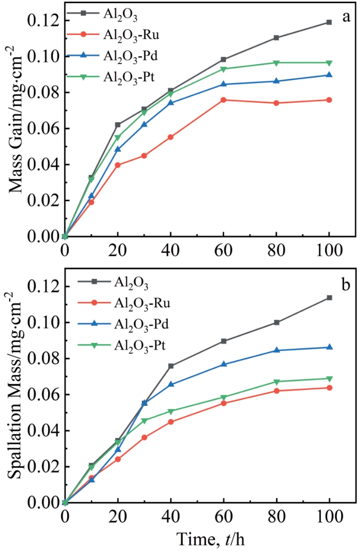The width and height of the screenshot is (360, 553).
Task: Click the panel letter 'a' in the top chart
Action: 346,17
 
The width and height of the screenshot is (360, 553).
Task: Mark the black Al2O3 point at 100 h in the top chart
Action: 329,22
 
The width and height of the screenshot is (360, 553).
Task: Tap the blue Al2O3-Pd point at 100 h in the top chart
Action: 329,75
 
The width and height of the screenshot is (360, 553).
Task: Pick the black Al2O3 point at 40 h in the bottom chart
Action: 170,366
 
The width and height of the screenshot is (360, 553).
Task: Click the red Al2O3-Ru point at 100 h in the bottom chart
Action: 329,387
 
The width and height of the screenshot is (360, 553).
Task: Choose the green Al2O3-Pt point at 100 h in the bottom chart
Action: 329,379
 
